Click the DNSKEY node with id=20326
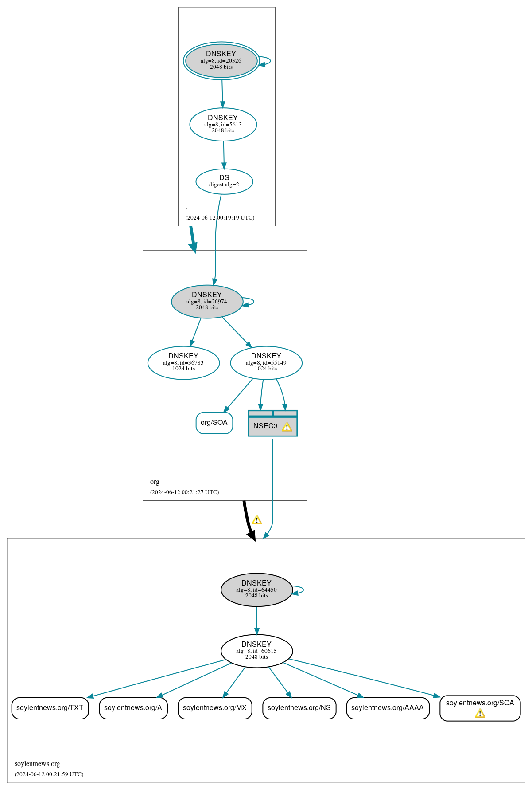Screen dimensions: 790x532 tap(221, 61)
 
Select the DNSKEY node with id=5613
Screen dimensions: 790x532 tap(223, 124)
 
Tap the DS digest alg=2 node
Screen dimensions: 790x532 tap(224, 181)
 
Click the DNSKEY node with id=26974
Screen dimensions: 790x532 tap(207, 301)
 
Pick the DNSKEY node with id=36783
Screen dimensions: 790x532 tap(183, 362)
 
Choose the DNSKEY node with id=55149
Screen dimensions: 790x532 tap(266, 362)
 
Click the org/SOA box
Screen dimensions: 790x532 tap(214, 423)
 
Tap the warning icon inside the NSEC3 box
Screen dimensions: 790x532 tap(287, 427)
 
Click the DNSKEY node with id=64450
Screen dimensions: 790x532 tap(256, 590)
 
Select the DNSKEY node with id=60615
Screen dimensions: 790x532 tap(256, 651)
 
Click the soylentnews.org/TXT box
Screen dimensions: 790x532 tap(50, 708)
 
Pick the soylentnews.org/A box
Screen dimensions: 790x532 tap(133, 708)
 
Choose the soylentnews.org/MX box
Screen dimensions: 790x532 tap(215, 708)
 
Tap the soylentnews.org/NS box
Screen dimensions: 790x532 tap(299, 708)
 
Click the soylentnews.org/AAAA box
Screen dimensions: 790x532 tap(388, 708)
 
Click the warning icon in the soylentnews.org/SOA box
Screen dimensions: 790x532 tap(480, 713)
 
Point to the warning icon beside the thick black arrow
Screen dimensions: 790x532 tap(257, 520)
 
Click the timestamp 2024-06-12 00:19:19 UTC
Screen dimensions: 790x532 tap(220, 218)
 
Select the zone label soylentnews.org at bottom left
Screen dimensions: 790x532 tap(37, 764)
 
